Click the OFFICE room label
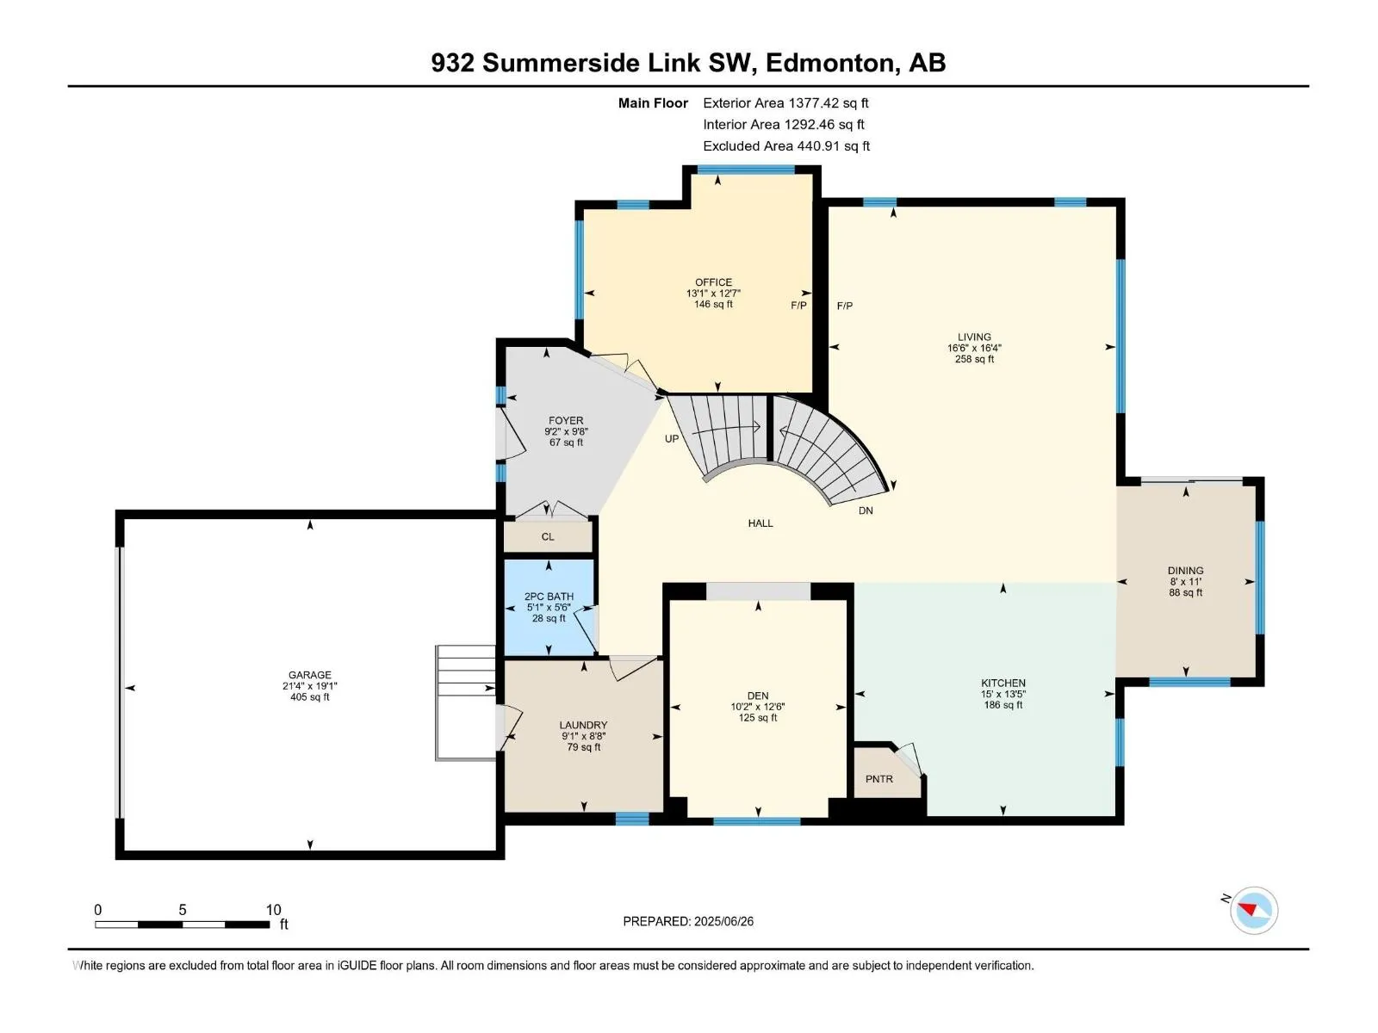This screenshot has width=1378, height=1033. (713, 282)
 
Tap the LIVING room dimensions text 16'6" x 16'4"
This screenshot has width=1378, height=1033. (974, 348)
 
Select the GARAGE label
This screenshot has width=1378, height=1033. (309, 675)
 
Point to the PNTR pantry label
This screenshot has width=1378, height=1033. (879, 779)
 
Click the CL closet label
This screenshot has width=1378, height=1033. (548, 537)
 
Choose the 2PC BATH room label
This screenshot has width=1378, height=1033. (549, 597)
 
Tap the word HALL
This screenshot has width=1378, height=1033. (760, 523)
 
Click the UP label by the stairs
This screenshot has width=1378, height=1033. (672, 439)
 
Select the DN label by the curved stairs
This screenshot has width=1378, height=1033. (866, 510)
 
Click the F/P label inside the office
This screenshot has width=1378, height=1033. (798, 306)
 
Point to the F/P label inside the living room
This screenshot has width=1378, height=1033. (844, 306)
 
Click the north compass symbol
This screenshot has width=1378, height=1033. (1253, 910)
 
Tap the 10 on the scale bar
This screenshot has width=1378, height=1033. (273, 909)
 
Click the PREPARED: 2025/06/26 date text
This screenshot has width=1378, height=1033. (688, 921)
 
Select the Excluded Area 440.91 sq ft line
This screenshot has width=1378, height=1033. (786, 146)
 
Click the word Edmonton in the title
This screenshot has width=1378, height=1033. (829, 63)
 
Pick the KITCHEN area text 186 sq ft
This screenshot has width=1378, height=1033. (1003, 705)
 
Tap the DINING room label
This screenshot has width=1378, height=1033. (1185, 571)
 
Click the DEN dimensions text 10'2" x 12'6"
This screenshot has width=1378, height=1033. (758, 707)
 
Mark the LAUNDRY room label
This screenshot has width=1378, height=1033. (583, 725)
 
